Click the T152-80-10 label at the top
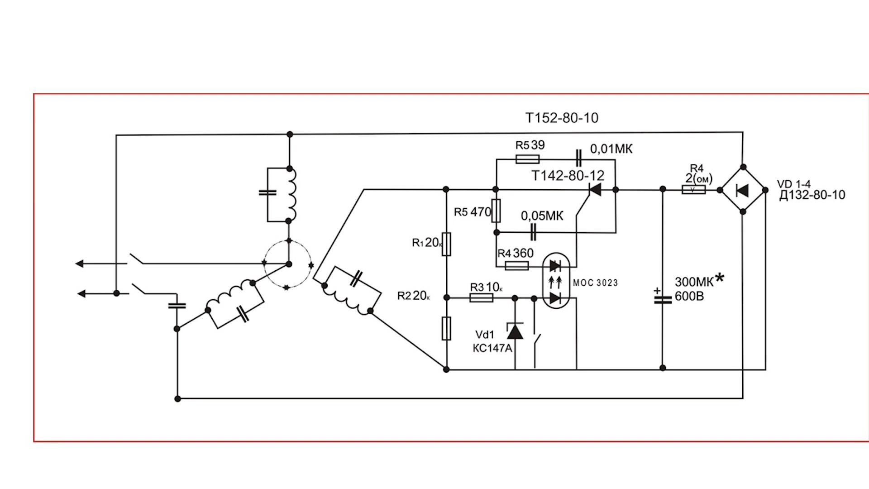[562, 118]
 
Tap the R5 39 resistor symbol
[527, 159]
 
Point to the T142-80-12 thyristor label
[568, 176]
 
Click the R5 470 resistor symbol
[497, 211]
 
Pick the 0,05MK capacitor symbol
[533, 232]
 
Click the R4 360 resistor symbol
[516, 266]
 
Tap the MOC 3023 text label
[595, 283]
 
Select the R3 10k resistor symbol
[481, 297]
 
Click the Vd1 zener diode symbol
[515, 331]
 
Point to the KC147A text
[492, 348]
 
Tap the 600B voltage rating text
[689, 297]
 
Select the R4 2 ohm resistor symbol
[693, 190]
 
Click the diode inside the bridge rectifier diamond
[742, 191]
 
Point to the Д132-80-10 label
[812, 195]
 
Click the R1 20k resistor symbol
[446, 244]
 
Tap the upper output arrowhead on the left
[80, 264]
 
